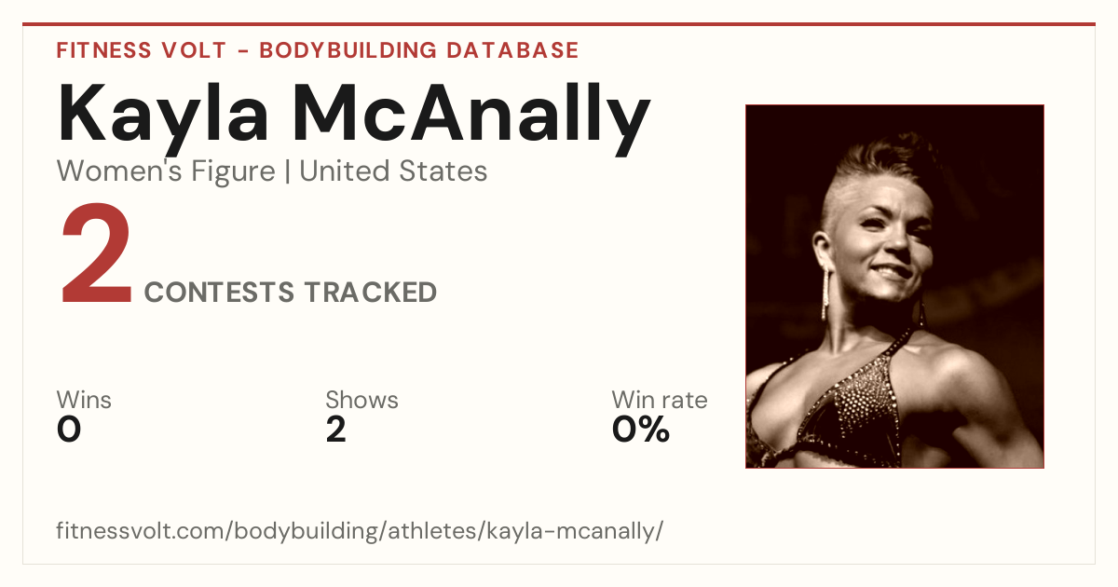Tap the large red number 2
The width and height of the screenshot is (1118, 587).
point(96,253)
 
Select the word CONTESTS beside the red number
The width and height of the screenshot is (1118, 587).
point(219,292)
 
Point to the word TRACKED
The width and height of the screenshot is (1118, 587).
point(371,292)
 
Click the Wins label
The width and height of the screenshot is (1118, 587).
point(84,400)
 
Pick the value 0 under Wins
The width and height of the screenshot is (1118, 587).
point(69,430)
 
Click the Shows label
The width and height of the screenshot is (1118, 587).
point(361,400)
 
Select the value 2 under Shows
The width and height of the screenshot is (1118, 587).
point(336,430)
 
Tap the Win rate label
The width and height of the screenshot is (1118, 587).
point(660,400)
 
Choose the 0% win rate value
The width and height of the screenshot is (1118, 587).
point(641,430)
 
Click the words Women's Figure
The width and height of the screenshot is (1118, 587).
point(166,171)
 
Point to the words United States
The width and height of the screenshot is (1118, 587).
point(393,171)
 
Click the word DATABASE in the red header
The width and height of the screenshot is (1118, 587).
point(512,50)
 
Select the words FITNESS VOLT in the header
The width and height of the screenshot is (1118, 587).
point(142,50)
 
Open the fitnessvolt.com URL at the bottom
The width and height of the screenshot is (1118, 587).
point(360,530)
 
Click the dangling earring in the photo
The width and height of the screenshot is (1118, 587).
point(825,294)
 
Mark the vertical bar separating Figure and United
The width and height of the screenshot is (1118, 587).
point(288,172)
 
